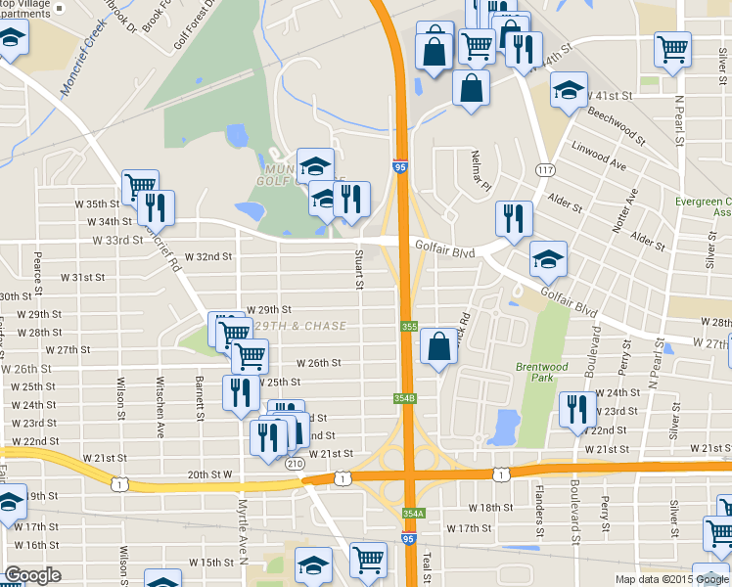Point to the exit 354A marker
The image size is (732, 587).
click(x=412, y=514)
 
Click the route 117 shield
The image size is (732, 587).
click(x=542, y=171)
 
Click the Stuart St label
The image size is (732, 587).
click(x=359, y=270)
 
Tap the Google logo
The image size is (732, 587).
click(x=32, y=575)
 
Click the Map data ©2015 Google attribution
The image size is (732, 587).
click(x=670, y=579)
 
